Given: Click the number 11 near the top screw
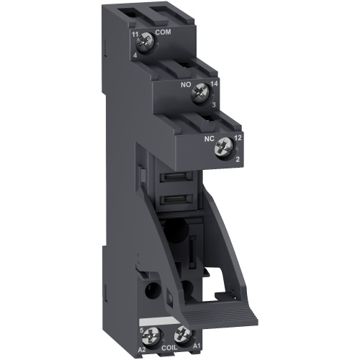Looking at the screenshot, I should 135,34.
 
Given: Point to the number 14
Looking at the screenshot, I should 214,85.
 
